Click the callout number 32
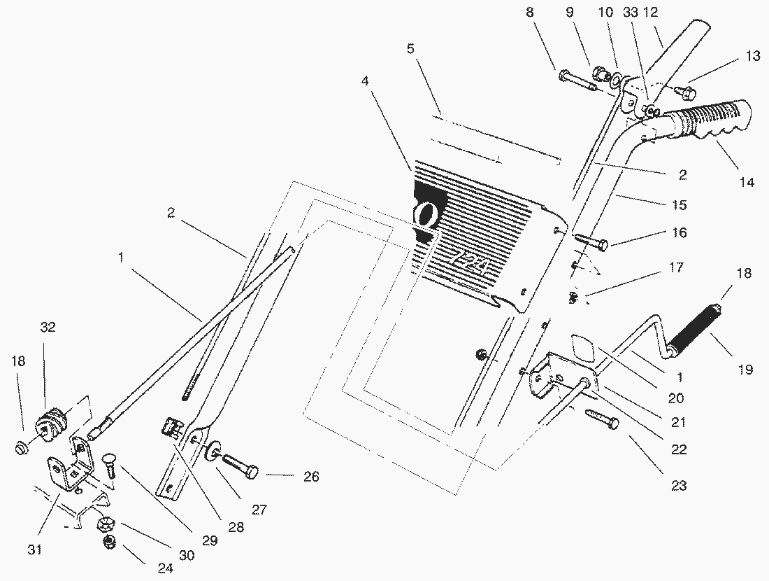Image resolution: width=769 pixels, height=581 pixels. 48,327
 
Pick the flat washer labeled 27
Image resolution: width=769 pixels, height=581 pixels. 212,454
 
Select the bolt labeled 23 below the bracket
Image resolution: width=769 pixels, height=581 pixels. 601,418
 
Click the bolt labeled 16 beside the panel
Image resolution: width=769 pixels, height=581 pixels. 591,242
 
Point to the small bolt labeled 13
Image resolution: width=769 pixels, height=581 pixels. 687,91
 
